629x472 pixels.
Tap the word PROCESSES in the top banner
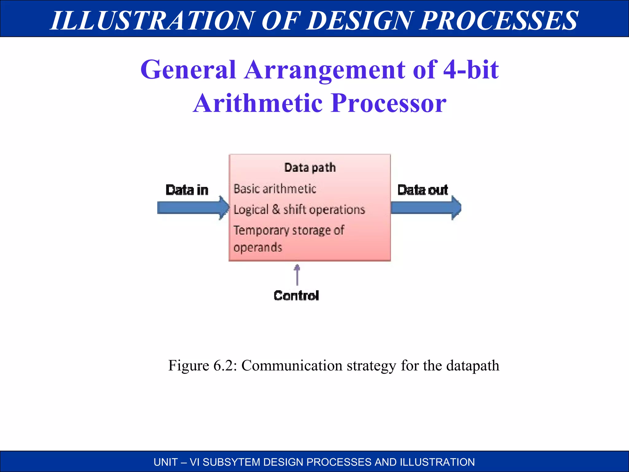coord(499,20)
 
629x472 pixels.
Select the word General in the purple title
coord(188,70)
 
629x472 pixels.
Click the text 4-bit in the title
coord(471,70)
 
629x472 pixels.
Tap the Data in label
coord(187,190)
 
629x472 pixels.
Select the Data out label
coord(423,190)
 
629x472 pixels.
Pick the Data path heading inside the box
coord(310,168)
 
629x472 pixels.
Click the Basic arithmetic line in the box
coord(275,189)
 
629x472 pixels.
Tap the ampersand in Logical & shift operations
coord(276,209)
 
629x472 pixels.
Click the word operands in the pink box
coord(258,247)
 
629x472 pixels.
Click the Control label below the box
coord(296,296)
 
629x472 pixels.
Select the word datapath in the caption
coord(472,366)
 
